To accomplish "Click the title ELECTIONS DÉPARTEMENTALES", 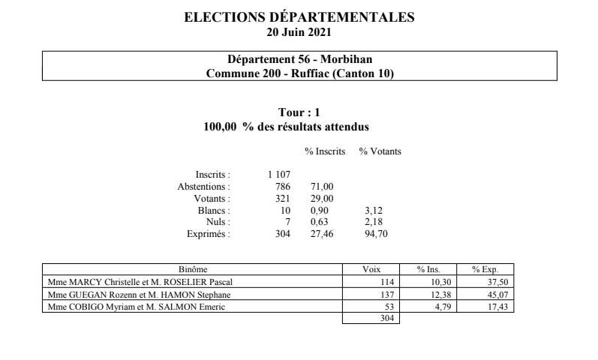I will (x=299, y=17).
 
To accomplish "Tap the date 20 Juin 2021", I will (x=299, y=31).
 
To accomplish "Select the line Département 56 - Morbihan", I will (x=299, y=60).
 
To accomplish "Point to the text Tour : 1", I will (x=299, y=112).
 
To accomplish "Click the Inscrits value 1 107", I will (x=279, y=175).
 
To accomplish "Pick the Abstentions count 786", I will (x=282, y=187).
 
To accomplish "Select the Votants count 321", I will (x=282, y=199).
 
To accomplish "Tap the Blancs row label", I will (x=216, y=211).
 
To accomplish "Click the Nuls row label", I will (x=219, y=223).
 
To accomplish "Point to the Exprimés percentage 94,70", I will (x=372, y=235).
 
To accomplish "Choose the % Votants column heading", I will (x=380, y=151).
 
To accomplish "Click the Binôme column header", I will (x=192, y=269).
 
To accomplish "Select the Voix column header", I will (x=371, y=269).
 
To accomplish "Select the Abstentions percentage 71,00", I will (x=321, y=187).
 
